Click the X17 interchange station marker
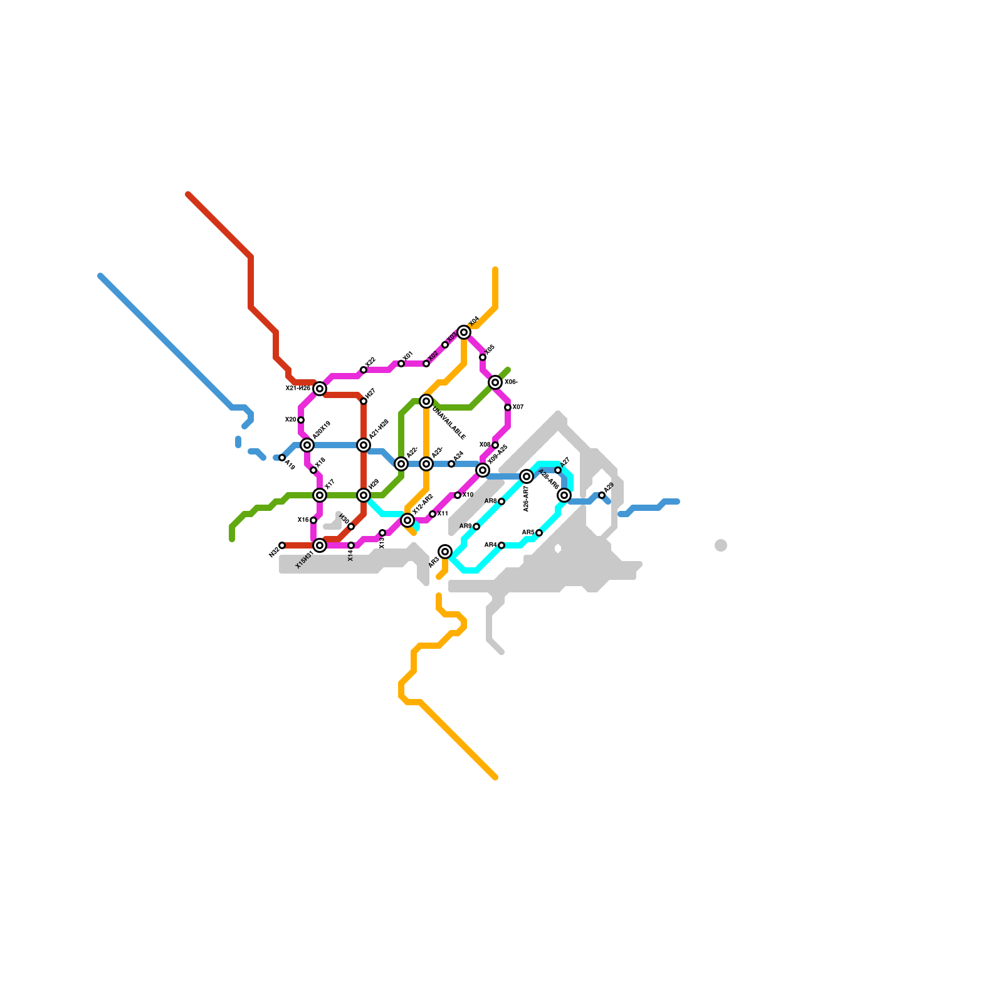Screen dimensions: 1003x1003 pyautogui.click(x=320, y=495)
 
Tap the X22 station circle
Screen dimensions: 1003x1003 pyautogui.click(x=364, y=370)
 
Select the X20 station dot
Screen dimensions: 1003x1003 pyautogui.click(x=301, y=420)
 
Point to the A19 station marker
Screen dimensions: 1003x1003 pyautogui.click(x=282, y=458)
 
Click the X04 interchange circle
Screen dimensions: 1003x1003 pyautogui.click(x=464, y=332)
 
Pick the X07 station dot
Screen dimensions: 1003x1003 pyautogui.click(x=508, y=407)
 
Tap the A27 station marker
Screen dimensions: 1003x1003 pyautogui.click(x=558, y=470)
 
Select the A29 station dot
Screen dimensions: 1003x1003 pyautogui.click(x=602, y=495)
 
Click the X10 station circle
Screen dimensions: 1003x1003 pyautogui.click(x=458, y=495)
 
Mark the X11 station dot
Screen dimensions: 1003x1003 pyautogui.click(x=433, y=514)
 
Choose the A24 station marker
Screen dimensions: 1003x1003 pyautogui.click(x=451, y=464)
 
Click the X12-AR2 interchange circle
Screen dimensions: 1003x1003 pyautogui.click(x=407, y=520)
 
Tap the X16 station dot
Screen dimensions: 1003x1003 pyautogui.click(x=313, y=520)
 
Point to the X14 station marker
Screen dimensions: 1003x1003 pyautogui.click(x=351, y=545)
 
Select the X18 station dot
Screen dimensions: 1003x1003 pyautogui.click(x=313, y=470)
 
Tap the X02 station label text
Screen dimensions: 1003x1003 pyautogui.click(x=433, y=356)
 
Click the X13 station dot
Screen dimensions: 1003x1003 pyautogui.click(x=382, y=533)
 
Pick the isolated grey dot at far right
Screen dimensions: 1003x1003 pyautogui.click(x=721, y=545)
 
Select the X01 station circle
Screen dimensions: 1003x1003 pyautogui.click(x=401, y=364)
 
